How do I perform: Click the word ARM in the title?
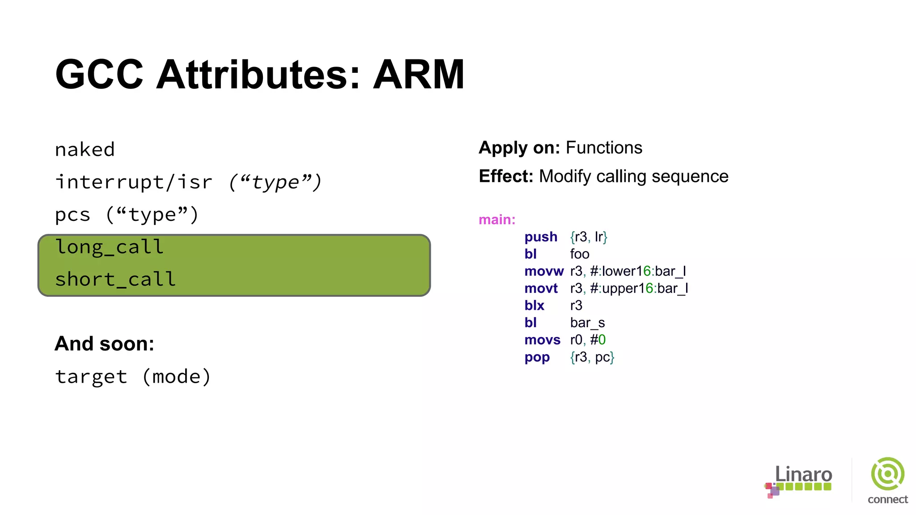coord(419,74)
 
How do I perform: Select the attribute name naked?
coord(85,150)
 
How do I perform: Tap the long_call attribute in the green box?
coord(110,247)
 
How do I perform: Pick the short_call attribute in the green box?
coord(115,280)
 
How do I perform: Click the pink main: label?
coord(497,220)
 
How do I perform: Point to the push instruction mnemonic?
coord(541,236)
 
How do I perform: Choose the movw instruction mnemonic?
coord(544,271)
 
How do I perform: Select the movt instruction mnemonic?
coord(541,288)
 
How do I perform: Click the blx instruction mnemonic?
coord(534,305)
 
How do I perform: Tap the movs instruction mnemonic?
coord(542,340)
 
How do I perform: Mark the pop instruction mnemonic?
coord(537,357)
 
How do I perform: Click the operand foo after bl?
coord(580,254)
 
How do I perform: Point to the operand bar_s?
coord(587,323)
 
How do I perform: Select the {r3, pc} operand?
coord(592,357)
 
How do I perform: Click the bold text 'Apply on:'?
coord(519,148)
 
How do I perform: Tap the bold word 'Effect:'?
coord(506,177)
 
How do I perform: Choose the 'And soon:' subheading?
coord(104,344)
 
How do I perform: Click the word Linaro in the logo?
coord(803,474)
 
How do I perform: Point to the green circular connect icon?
coord(887,474)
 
